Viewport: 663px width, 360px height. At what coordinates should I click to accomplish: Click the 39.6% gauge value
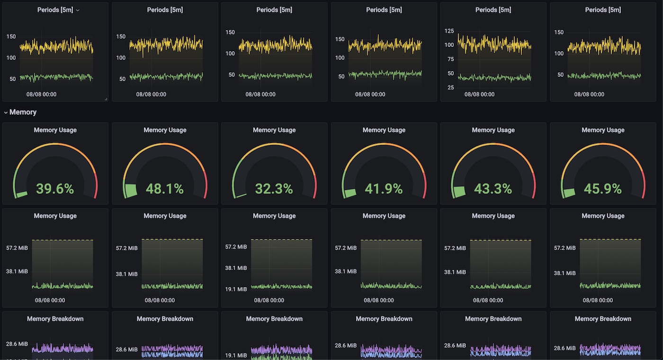click(x=55, y=189)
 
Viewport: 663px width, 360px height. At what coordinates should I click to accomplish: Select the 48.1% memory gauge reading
click(x=165, y=189)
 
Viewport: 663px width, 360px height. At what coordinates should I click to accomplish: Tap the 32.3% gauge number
click(x=274, y=189)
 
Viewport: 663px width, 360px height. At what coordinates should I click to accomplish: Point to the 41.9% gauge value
click(x=384, y=189)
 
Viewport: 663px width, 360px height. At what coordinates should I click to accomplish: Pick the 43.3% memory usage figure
click(x=493, y=189)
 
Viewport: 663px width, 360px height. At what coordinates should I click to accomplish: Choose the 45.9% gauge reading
click(x=603, y=189)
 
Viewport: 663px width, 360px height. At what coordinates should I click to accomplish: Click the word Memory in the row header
click(x=23, y=112)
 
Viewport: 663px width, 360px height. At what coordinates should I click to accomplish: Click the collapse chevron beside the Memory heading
click(x=6, y=112)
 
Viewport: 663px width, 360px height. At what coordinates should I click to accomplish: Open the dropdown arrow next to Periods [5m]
click(x=78, y=10)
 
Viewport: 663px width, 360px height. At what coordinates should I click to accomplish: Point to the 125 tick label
click(x=449, y=31)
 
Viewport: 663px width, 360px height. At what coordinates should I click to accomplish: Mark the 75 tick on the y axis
click(x=451, y=59)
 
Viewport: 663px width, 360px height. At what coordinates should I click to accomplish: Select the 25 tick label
click(x=451, y=88)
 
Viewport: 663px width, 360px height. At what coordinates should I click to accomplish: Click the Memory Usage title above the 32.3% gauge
click(x=274, y=130)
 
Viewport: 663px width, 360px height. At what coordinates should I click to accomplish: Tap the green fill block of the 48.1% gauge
click(x=130, y=190)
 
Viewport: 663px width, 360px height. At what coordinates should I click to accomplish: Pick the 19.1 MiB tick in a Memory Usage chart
click(x=236, y=289)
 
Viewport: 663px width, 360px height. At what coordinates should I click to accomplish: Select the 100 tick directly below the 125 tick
click(x=449, y=45)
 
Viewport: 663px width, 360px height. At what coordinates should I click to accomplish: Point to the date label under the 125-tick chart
click(x=479, y=94)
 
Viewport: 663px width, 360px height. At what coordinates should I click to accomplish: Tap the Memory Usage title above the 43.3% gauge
click(x=493, y=130)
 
